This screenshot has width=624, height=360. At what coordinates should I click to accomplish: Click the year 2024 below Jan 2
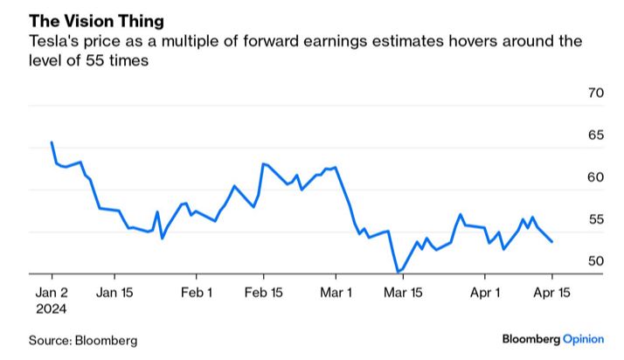coord(52,308)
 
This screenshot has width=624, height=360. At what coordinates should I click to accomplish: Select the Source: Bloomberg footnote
coord(84,340)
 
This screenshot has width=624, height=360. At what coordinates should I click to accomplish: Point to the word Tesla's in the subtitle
coord(55,41)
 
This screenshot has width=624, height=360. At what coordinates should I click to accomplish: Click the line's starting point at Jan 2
coord(52,142)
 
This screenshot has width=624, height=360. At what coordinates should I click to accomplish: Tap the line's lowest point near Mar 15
coord(398,273)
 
